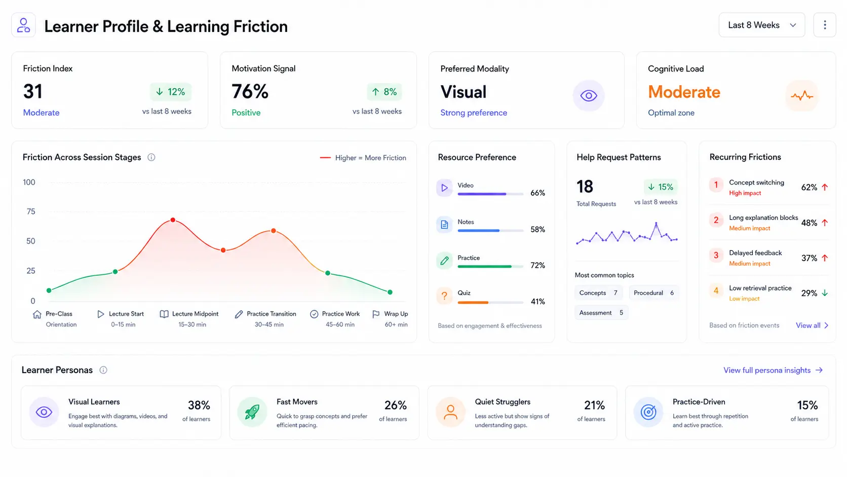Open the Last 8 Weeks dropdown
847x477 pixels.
[761, 25]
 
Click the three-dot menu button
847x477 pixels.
[825, 25]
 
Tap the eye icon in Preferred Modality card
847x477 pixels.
[588, 95]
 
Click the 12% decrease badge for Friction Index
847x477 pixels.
[171, 92]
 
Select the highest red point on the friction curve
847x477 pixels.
[173, 220]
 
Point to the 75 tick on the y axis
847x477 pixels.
[30, 211]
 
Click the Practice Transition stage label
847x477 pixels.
[271, 314]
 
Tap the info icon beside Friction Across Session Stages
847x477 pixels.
[151, 157]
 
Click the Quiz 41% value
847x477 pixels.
[537, 302]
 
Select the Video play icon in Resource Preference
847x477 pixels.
[444, 188]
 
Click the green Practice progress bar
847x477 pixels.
[484, 267]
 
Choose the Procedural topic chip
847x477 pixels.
[654, 293]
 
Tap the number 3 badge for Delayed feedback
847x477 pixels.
[716, 255]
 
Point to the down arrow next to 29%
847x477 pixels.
[825, 293]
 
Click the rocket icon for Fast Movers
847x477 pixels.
[252, 412]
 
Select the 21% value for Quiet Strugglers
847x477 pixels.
[594, 405]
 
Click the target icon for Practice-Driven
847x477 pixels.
[648, 412]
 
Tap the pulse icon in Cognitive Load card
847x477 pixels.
[801, 95]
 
